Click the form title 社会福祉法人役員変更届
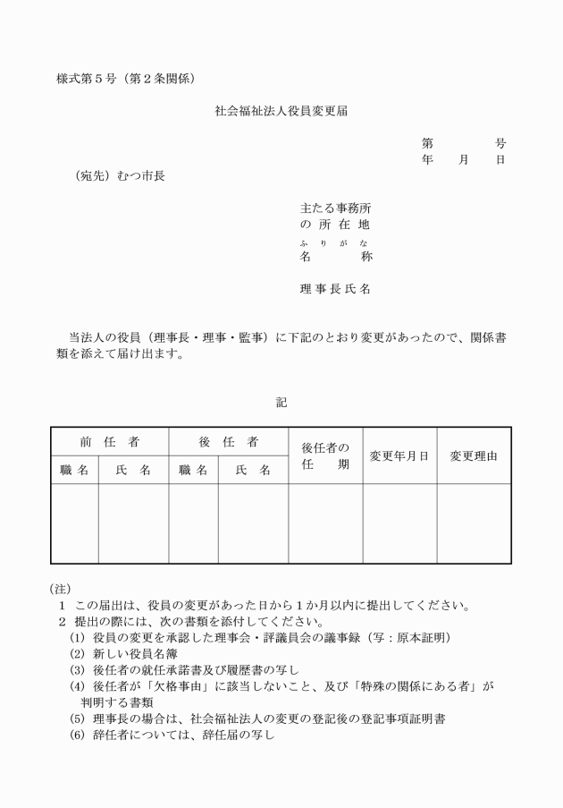point(281,112)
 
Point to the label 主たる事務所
point(336,208)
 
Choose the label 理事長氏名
point(335,289)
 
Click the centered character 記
point(281,404)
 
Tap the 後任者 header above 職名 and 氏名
point(229,442)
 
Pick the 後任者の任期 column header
point(325,455)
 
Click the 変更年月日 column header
point(399,455)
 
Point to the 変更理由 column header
point(474,455)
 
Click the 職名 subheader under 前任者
point(74,470)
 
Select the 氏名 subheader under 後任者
point(253,470)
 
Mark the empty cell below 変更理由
point(474,523)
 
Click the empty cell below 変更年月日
point(399,523)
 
